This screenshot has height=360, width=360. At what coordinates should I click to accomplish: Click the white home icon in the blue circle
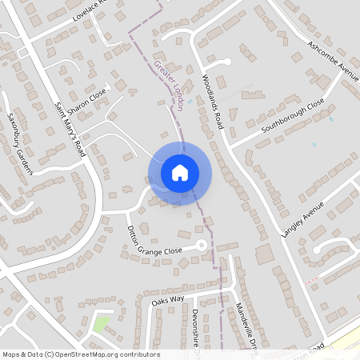[x=179, y=173]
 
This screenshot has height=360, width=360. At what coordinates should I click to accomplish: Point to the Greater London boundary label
[x=169, y=86]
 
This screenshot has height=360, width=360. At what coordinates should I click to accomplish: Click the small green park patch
[x=101, y=325]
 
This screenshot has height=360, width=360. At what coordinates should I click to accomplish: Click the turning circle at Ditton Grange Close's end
[x=202, y=245]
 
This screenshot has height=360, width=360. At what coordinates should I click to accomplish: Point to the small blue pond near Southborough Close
[x=330, y=118]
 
